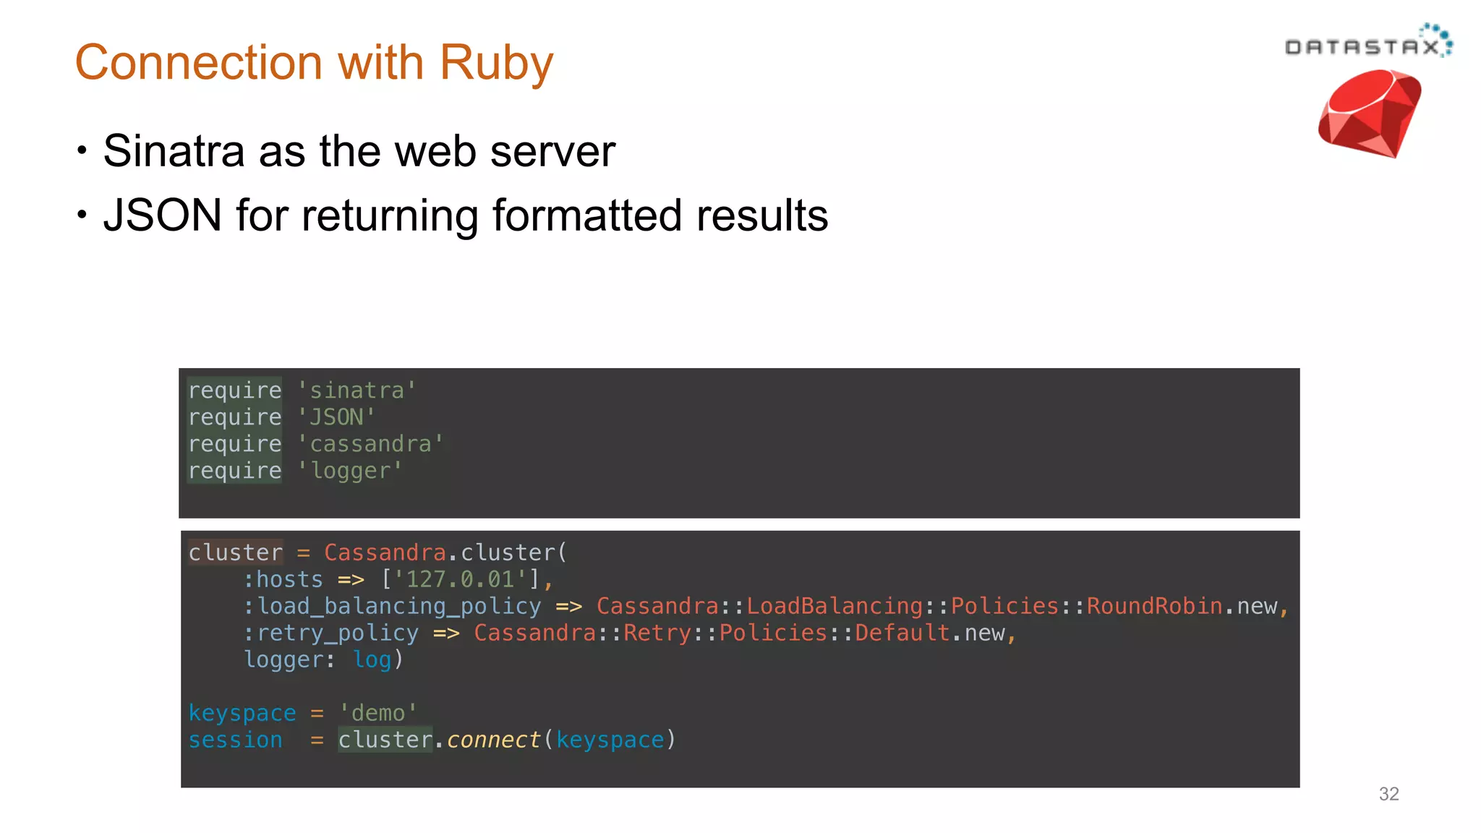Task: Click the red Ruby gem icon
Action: coord(1369,114)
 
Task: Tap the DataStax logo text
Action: coord(1362,47)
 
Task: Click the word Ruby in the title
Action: coord(496,64)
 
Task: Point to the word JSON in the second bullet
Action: coord(162,215)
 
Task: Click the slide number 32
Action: coord(1388,794)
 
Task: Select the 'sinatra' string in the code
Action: coord(357,390)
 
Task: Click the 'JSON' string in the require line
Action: coord(336,417)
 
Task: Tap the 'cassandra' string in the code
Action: coord(370,444)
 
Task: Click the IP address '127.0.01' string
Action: coord(460,579)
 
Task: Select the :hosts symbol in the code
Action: coord(283,579)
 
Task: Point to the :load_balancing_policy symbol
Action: coord(392,606)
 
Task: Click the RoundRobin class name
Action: coord(1154,606)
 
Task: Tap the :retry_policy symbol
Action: coord(330,633)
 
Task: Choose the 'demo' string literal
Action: coord(378,713)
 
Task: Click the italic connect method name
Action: coord(493,740)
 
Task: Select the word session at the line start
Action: coord(235,740)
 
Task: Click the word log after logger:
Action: coord(372,659)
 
